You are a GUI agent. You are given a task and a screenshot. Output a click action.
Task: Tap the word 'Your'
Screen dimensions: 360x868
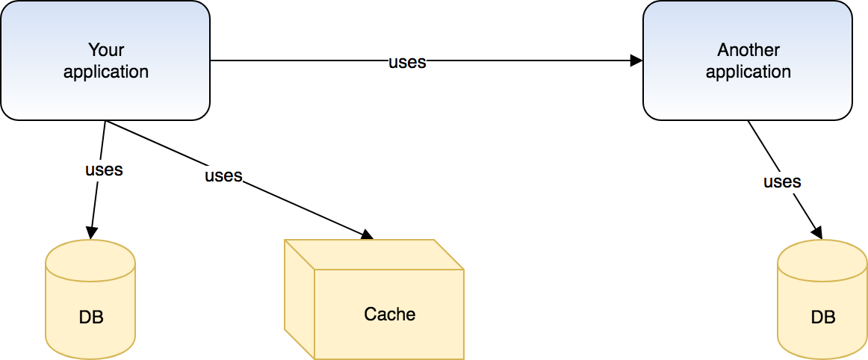106,50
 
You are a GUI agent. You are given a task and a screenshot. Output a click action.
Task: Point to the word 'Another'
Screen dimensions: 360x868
748,50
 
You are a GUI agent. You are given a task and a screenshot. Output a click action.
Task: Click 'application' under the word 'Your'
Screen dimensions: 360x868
106,72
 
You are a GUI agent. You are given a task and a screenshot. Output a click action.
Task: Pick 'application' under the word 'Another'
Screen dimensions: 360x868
748,72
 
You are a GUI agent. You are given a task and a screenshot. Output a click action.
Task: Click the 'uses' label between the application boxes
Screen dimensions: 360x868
407,62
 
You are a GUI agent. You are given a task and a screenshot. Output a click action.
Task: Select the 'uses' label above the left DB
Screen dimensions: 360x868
104,170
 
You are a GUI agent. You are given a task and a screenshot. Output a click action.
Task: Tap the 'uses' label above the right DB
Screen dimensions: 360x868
782,181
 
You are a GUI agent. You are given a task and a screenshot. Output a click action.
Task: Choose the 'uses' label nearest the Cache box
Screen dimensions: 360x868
223,176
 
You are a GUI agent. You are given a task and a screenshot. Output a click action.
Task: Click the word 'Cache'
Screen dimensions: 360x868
389,314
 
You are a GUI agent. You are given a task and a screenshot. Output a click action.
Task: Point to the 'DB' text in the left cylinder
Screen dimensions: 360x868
91,317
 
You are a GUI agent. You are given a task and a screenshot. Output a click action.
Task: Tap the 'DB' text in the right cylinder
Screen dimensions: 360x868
823,317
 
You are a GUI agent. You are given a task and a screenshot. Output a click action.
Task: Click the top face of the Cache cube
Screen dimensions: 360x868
373,254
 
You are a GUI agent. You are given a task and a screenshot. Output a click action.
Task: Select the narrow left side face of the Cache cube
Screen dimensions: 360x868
299,299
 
